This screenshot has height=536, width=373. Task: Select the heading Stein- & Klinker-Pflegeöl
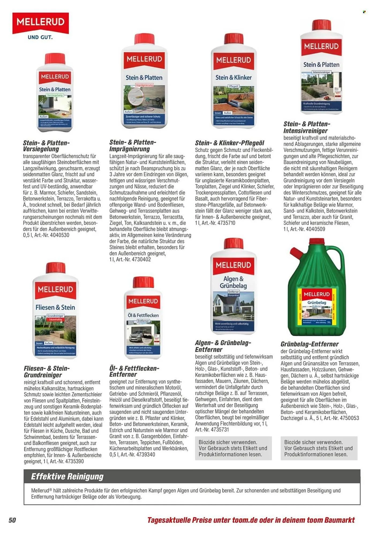point(229,143)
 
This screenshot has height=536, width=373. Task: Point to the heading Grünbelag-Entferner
point(309,344)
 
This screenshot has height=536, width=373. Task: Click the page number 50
point(12,520)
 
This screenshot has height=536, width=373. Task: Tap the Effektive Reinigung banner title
point(67,476)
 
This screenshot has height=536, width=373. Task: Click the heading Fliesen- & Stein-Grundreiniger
point(47,371)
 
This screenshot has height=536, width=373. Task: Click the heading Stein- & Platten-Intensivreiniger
point(307,127)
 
